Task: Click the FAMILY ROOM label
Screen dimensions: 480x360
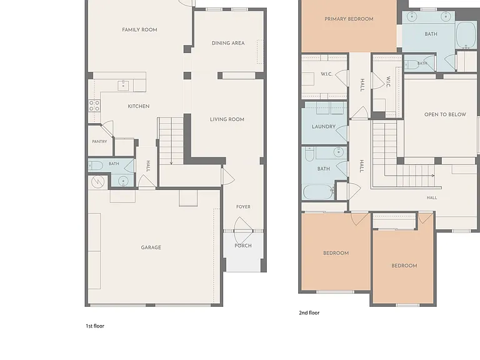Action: tap(139, 30)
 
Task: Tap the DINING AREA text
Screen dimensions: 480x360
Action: tap(228, 43)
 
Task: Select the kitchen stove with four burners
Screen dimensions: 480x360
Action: tap(94, 106)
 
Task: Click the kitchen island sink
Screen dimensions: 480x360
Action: tap(123, 86)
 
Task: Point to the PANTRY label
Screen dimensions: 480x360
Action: tap(99, 142)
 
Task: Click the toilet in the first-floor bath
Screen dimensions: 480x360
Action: tap(96, 166)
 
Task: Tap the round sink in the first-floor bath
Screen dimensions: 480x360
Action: tap(123, 181)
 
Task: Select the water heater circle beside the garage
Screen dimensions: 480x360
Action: tap(98, 182)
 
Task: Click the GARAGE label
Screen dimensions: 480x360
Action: tap(151, 247)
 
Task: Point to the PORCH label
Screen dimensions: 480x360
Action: tap(243, 246)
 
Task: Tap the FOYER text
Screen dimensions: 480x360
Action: tap(243, 207)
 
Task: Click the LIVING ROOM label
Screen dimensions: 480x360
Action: tap(227, 119)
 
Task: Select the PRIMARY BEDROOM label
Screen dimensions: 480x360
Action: tap(349, 19)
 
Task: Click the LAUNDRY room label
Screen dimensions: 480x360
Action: tap(324, 126)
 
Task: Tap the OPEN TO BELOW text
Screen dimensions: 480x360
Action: tap(445, 114)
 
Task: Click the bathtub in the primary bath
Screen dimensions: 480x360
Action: tap(466, 34)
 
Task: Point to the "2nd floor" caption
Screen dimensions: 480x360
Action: tap(309, 312)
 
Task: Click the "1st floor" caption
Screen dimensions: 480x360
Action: tap(95, 326)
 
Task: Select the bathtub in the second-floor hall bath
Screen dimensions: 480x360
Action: tap(318, 192)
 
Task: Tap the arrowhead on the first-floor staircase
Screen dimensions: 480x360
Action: tap(171, 163)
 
